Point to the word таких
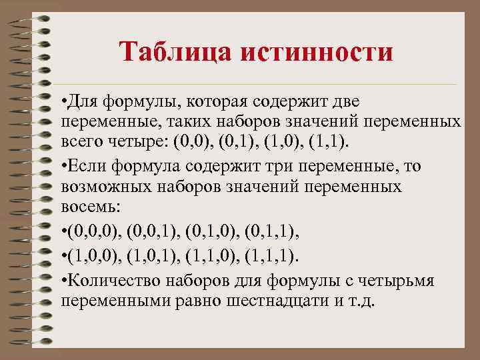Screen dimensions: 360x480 [x=180, y=123]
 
